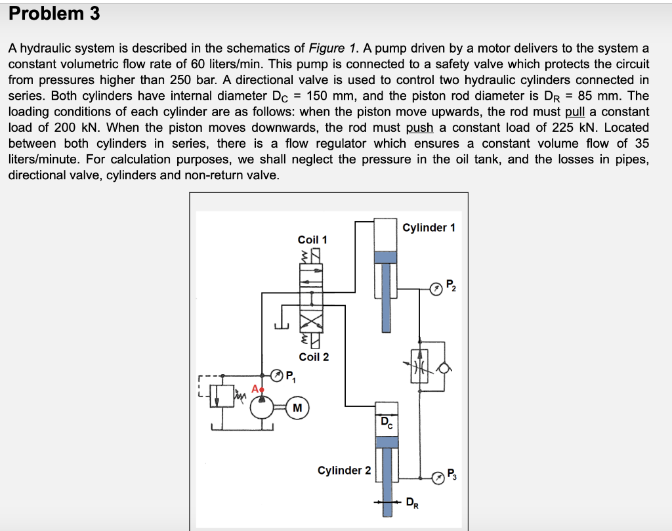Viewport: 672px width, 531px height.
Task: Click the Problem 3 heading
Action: click(x=54, y=13)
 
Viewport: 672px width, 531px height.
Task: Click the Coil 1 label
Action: click(x=312, y=240)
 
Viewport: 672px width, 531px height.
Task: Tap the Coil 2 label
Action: click(x=314, y=357)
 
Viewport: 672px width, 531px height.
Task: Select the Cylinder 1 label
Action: click(x=429, y=228)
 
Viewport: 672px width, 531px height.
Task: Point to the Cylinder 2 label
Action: click(x=344, y=471)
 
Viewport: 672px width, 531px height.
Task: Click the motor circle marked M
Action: click(x=298, y=408)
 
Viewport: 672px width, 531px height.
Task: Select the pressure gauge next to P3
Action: click(x=436, y=477)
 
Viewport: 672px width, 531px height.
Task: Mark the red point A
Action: click(x=261, y=389)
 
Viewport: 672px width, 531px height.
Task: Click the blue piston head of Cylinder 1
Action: click(x=386, y=259)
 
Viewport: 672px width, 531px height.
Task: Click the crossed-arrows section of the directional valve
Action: click(x=312, y=323)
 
